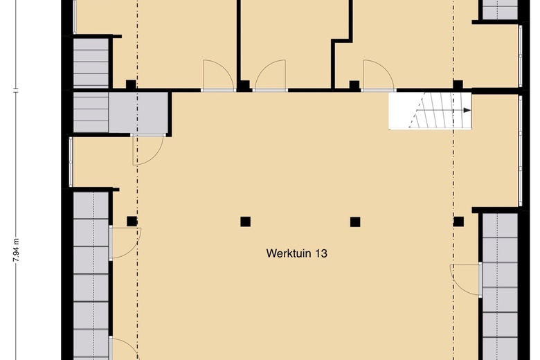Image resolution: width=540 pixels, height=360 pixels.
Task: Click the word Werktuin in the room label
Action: coord(288,253)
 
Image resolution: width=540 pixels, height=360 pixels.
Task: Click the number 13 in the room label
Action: coord(321,253)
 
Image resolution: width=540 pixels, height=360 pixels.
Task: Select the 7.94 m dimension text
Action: coord(16,250)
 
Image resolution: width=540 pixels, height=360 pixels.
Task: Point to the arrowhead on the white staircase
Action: coord(467,111)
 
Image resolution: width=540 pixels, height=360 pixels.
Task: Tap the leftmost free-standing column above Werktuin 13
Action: coord(132,221)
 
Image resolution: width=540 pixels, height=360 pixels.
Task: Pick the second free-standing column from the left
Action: coord(245,222)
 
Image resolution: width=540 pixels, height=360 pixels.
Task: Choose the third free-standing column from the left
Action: coord(355,222)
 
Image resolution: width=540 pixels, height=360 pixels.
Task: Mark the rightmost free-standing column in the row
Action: coord(458,222)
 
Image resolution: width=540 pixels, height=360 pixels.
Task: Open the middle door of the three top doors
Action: coord(270,75)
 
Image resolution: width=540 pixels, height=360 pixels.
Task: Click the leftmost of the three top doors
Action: coord(218,75)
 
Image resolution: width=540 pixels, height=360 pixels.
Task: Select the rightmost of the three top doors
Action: coord(379,75)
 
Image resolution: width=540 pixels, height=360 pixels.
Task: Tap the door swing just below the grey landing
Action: coord(148,150)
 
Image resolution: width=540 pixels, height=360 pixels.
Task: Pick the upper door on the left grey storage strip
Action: coord(125,243)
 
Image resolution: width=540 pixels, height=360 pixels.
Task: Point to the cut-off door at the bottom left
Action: coord(124,349)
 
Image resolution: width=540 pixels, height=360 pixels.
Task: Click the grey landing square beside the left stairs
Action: coord(138,112)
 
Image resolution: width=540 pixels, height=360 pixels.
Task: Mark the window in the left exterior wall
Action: coord(71,162)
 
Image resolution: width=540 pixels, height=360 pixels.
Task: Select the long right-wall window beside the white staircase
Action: coord(521,151)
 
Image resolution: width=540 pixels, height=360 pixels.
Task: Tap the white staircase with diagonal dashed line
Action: coord(430,111)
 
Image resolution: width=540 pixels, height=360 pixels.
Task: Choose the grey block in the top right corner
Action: coord(500,10)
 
